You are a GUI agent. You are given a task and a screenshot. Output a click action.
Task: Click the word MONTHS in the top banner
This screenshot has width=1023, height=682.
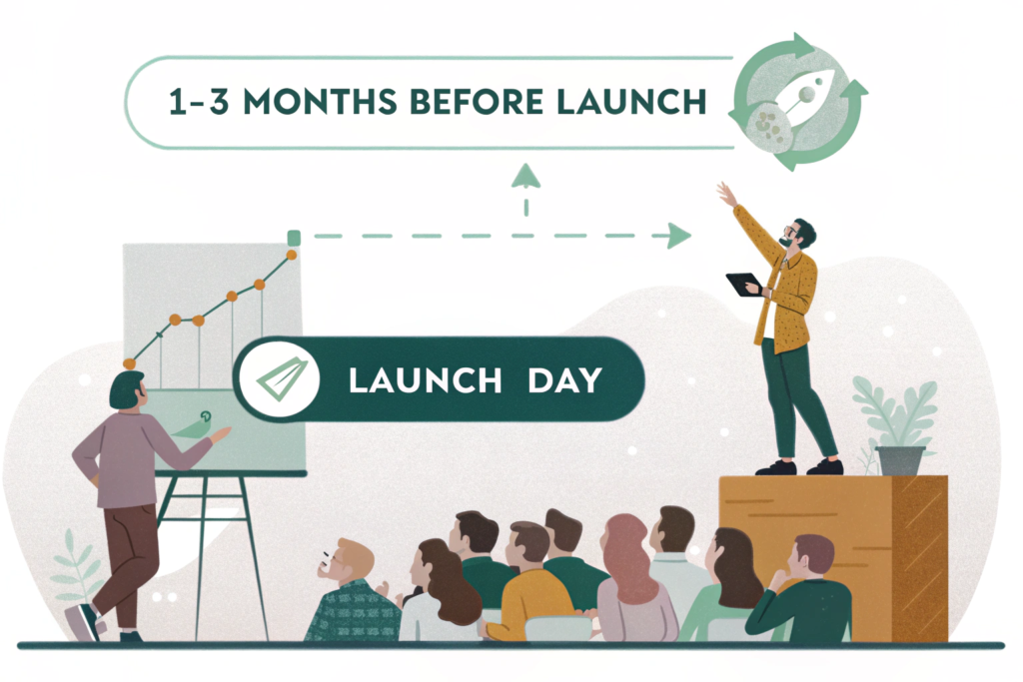[320, 103]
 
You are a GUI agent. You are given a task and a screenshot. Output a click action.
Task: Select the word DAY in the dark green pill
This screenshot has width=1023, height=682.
[564, 380]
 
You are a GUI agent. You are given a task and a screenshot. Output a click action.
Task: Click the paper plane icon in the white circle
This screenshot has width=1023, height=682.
[282, 379]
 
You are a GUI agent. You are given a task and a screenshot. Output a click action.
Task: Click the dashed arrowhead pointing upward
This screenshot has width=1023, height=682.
[525, 176]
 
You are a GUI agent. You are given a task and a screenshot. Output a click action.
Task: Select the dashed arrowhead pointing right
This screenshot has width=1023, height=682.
[679, 236]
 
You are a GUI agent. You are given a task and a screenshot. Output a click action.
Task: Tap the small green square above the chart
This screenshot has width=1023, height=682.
[294, 238]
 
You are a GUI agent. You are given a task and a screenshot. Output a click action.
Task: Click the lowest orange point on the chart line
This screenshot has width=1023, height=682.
[129, 363]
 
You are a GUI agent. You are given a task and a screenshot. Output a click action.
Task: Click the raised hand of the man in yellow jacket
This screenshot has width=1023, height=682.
[726, 194]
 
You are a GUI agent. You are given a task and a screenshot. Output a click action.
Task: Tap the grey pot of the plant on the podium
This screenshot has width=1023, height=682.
[901, 461]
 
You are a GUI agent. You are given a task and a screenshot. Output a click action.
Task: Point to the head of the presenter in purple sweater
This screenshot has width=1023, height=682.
[127, 390]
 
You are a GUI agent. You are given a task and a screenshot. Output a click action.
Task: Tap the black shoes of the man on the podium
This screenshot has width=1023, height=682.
[800, 467]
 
